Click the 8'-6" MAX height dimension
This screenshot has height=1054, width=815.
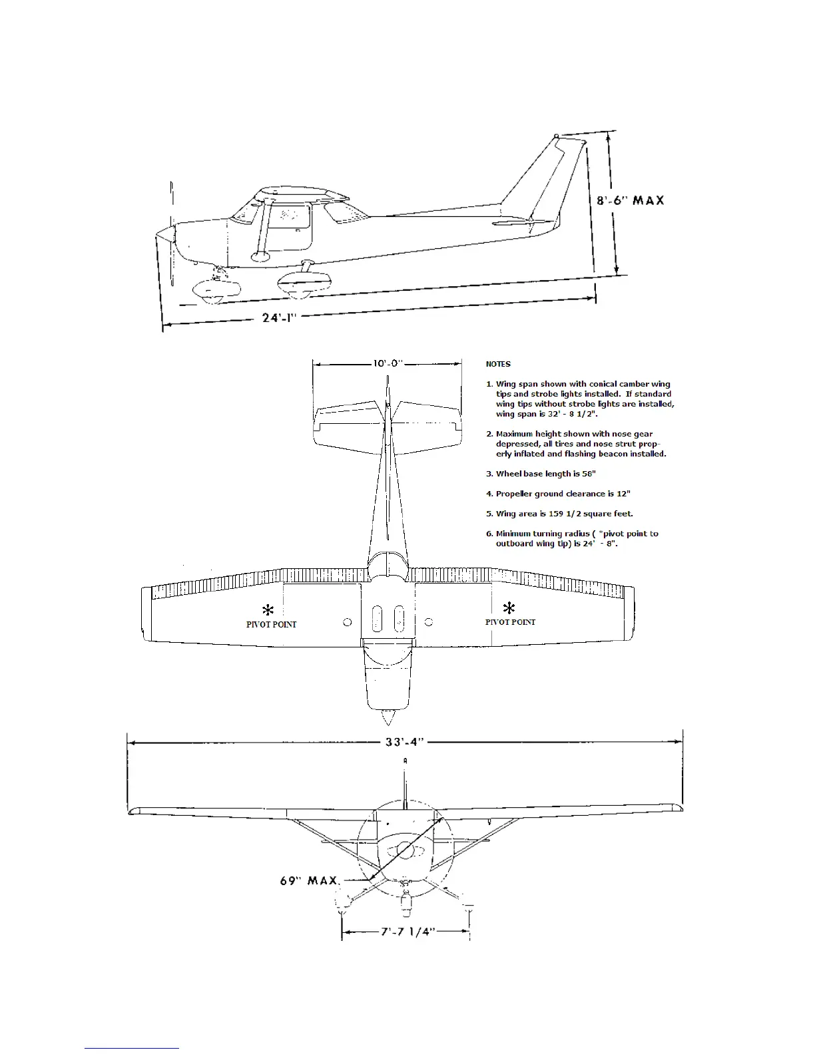point(629,200)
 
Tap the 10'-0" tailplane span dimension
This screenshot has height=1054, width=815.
point(387,363)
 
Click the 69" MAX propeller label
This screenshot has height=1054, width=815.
point(309,881)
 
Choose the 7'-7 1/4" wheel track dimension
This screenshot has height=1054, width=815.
point(407,932)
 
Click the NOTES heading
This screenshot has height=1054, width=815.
point(498,364)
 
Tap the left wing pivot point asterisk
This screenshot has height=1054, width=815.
point(268,610)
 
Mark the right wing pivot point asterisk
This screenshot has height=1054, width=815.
point(509,608)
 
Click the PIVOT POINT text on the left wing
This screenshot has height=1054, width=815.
point(271,624)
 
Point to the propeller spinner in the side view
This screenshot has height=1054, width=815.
point(163,234)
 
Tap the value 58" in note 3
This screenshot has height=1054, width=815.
point(588,474)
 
